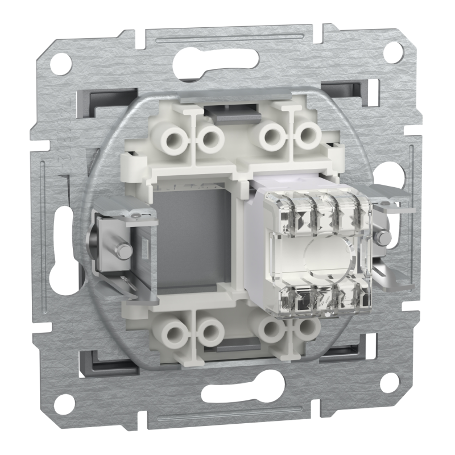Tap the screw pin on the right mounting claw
(385, 235)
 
